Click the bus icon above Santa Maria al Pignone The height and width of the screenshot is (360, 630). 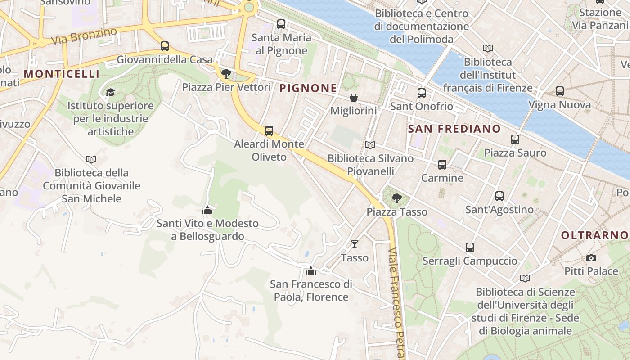(281, 24)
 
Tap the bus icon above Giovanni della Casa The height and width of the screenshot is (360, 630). (165, 46)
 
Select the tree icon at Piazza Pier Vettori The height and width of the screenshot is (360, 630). (226, 73)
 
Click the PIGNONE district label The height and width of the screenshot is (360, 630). (308, 88)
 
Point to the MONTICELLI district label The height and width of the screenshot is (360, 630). (61, 74)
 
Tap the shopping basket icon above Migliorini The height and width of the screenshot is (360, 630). (354, 98)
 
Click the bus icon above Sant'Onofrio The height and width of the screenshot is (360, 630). (422, 93)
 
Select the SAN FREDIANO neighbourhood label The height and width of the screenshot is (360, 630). (454, 129)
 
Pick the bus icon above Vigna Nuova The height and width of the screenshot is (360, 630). (560, 91)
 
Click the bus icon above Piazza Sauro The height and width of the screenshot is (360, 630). (515, 139)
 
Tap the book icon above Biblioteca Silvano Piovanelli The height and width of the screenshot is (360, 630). (370, 145)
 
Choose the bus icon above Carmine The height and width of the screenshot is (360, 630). (442, 165)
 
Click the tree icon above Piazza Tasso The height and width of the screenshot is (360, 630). (397, 198)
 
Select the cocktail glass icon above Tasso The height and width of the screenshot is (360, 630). (355, 244)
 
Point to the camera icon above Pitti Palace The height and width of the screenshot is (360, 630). (591, 258)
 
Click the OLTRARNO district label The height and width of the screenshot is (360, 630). (594, 235)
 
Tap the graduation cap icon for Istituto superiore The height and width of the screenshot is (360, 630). (110, 93)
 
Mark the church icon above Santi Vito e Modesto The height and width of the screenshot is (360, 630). (207, 210)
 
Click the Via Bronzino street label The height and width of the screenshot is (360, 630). (84, 36)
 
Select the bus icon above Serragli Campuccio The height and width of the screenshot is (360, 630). (470, 247)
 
